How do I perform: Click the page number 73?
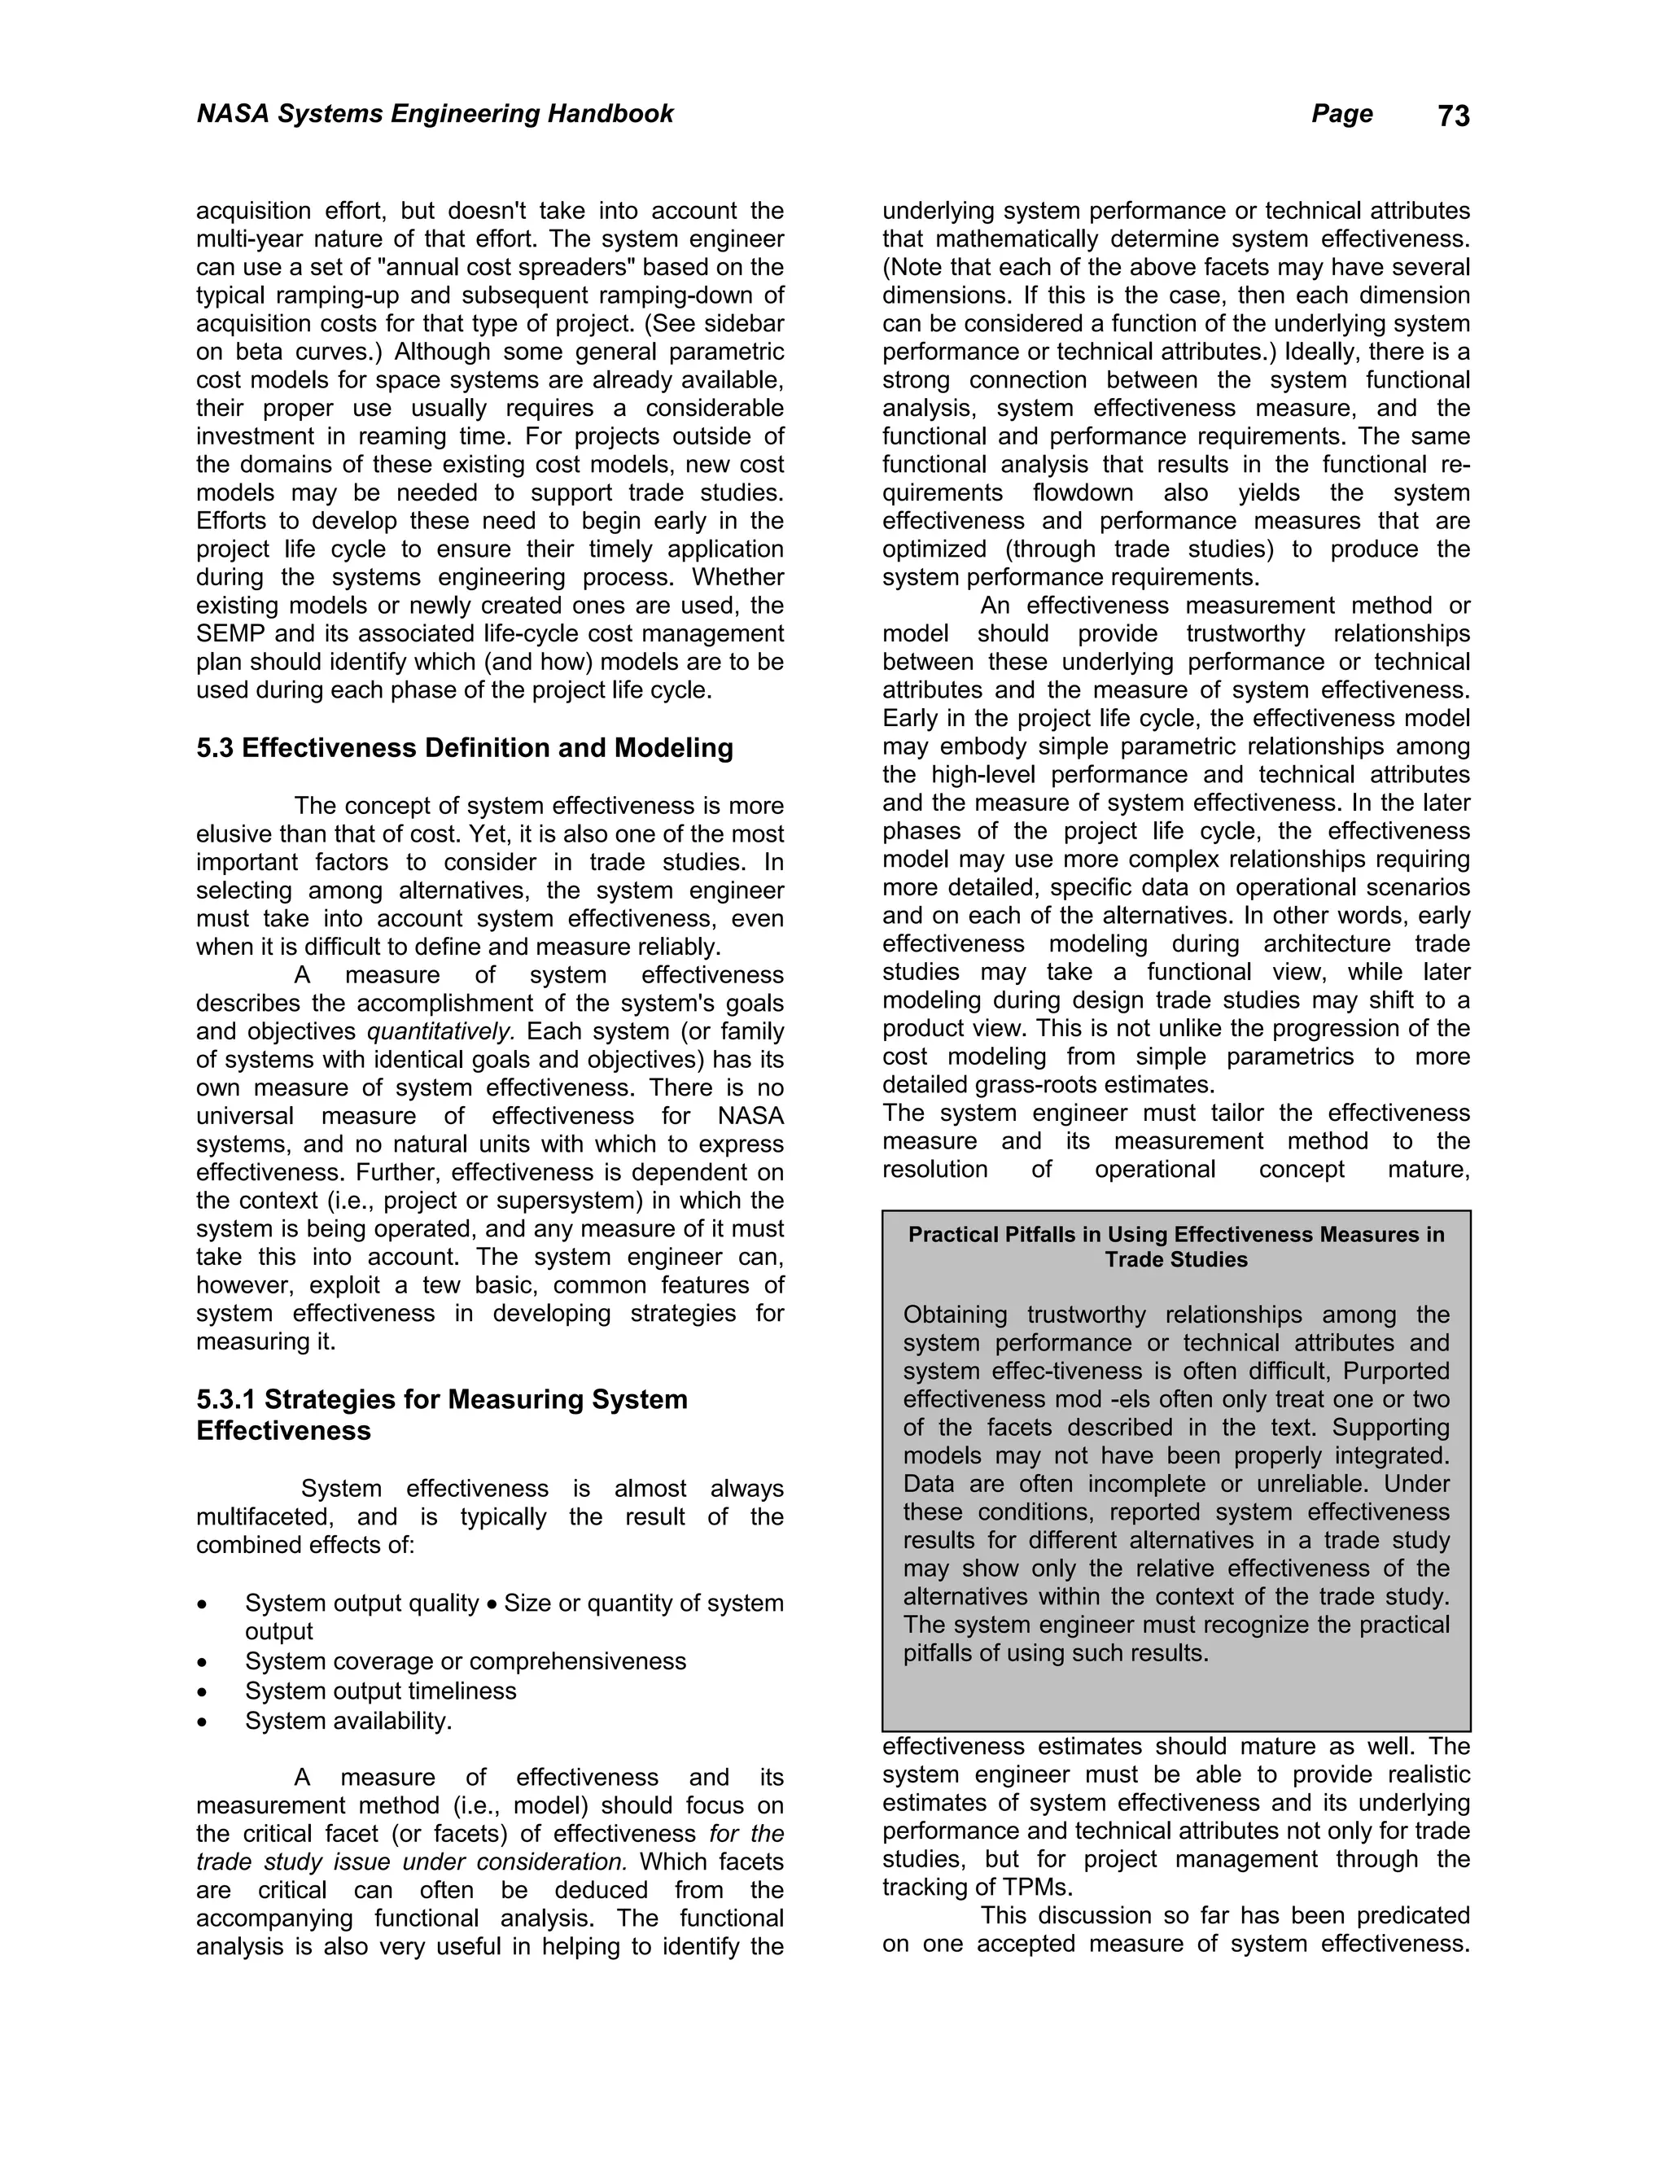pyautogui.click(x=1453, y=116)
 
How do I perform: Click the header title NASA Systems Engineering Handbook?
pyautogui.click(x=435, y=114)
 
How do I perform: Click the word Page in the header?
pyautogui.click(x=1341, y=114)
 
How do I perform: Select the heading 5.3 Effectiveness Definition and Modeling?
pyautogui.click(x=464, y=748)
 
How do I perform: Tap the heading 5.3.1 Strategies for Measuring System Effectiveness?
pyautogui.click(x=441, y=1415)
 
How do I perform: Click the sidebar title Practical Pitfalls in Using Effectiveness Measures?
pyautogui.click(x=1175, y=1246)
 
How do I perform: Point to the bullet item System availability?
pyautogui.click(x=348, y=1721)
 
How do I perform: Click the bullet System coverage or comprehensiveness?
pyautogui.click(x=465, y=1661)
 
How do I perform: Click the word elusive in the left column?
pyautogui.click(x=232, y=833)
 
